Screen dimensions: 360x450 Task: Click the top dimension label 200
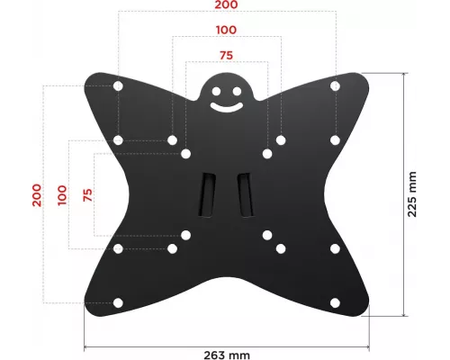click(x=226, y=6)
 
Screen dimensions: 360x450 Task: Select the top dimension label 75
click(x=226, y=55)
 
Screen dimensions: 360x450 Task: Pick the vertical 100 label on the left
click(x=62, y=194)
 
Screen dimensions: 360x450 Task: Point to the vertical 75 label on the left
click(x=87, y=194)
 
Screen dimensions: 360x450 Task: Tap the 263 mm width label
click(x=225, y=355)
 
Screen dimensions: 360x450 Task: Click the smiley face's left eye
click(x=216, y=90)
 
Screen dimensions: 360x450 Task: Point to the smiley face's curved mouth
click(x=226, y=105)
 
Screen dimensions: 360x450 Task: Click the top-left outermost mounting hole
click(x=118, y=86)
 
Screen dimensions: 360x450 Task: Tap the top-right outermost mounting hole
click(x=334, y=86)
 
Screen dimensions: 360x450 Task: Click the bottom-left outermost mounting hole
click(x=118, y=302)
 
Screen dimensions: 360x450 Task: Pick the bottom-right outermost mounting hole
click(x=334, y=302)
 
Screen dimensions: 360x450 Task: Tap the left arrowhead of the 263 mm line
click(x=87, y=346)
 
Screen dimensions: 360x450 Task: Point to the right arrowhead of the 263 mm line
click(x=368, y=346)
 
